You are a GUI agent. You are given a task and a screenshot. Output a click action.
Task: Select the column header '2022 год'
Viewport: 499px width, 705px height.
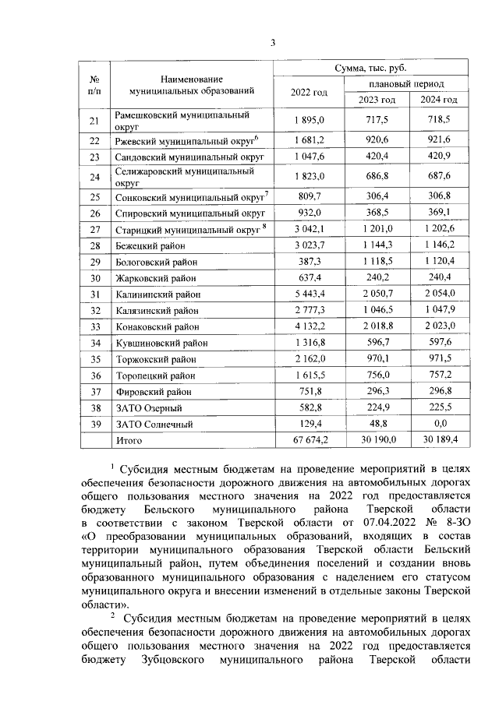pos(309,92)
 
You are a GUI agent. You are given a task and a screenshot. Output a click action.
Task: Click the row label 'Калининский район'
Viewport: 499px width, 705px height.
pos(156,294)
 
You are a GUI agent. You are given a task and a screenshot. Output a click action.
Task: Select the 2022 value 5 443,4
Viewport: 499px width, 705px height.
pos(309,294)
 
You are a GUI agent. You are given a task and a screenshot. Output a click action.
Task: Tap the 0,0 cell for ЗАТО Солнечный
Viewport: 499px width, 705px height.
pos(440,425)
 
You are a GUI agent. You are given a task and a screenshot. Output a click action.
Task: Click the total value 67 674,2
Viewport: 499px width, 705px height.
pos(309,441)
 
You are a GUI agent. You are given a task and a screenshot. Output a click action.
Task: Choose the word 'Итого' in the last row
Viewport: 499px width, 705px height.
pos(128,441)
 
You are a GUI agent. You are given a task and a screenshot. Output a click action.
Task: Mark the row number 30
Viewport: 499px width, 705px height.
pos(95,278)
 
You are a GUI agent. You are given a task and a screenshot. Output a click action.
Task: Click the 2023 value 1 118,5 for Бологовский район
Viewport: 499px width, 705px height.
pos(377,262)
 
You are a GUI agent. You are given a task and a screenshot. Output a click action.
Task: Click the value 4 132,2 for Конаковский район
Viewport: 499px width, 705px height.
pos(309,327)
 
